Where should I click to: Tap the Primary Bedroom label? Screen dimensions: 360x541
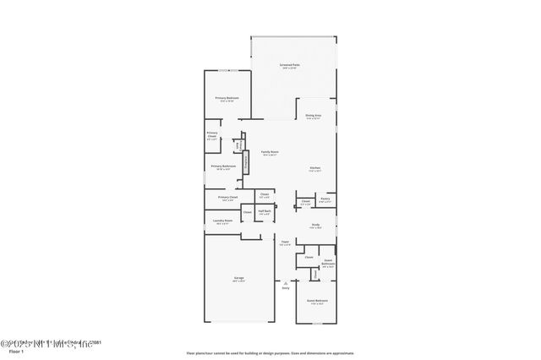point(227,99)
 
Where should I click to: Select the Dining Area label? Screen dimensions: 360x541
point(314,117)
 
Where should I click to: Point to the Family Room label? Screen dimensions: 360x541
point(270,152)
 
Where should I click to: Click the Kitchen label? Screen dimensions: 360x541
point(314,168)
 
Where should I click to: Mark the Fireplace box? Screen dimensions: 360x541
point(246,162)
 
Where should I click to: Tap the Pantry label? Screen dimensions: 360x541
point(325,199)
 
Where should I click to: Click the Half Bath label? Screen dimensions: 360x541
point(264,211)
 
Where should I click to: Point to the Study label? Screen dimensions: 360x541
point(314,225)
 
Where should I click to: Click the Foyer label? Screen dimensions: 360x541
point(285,243)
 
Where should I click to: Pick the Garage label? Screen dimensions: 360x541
point(239,279)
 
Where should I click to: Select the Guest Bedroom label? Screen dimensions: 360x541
point(316,301)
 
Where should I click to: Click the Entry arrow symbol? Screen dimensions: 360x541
point(286,282)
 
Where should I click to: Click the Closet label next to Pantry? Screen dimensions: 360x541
point(305,203)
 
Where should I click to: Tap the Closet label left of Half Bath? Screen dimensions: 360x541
point(247,213)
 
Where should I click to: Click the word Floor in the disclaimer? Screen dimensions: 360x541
point(191,353)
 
